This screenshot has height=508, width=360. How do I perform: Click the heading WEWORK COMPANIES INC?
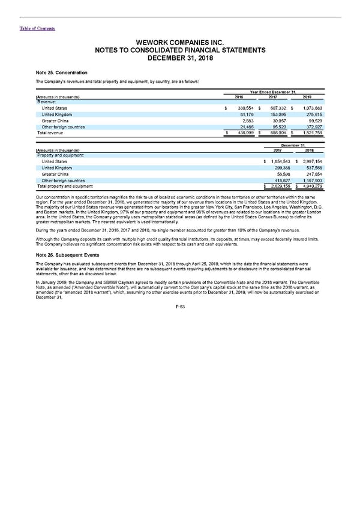pos(179,43)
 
